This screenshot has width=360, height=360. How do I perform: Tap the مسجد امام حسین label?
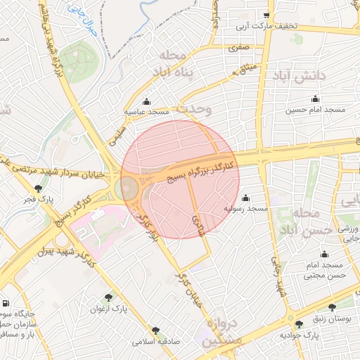tap(314, 109)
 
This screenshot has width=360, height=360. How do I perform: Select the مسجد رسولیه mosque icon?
tap(245, 198)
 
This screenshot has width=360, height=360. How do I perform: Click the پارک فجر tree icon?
tap(38, 188)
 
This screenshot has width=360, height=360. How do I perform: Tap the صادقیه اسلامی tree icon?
tap(155, 330)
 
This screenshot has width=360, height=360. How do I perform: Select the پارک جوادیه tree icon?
tap(300, 323)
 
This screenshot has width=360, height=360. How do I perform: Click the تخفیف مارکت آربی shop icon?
tap(266, 15)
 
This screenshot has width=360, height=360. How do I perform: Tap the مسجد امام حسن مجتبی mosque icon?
tap(324, 255)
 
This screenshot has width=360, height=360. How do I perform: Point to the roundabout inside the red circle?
tap(129, 188)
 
